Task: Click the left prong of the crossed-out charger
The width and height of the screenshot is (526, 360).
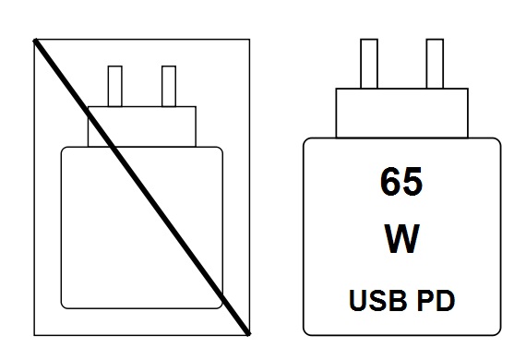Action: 115,87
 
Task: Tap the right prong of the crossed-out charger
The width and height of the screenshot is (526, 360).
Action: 168,87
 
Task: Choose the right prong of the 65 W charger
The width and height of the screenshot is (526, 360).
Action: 434,65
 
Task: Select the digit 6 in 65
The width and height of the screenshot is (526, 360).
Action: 388,182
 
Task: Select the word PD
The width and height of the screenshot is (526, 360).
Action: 437,300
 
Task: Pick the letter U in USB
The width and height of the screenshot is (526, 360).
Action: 358,300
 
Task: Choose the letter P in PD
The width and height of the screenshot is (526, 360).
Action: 428,300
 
